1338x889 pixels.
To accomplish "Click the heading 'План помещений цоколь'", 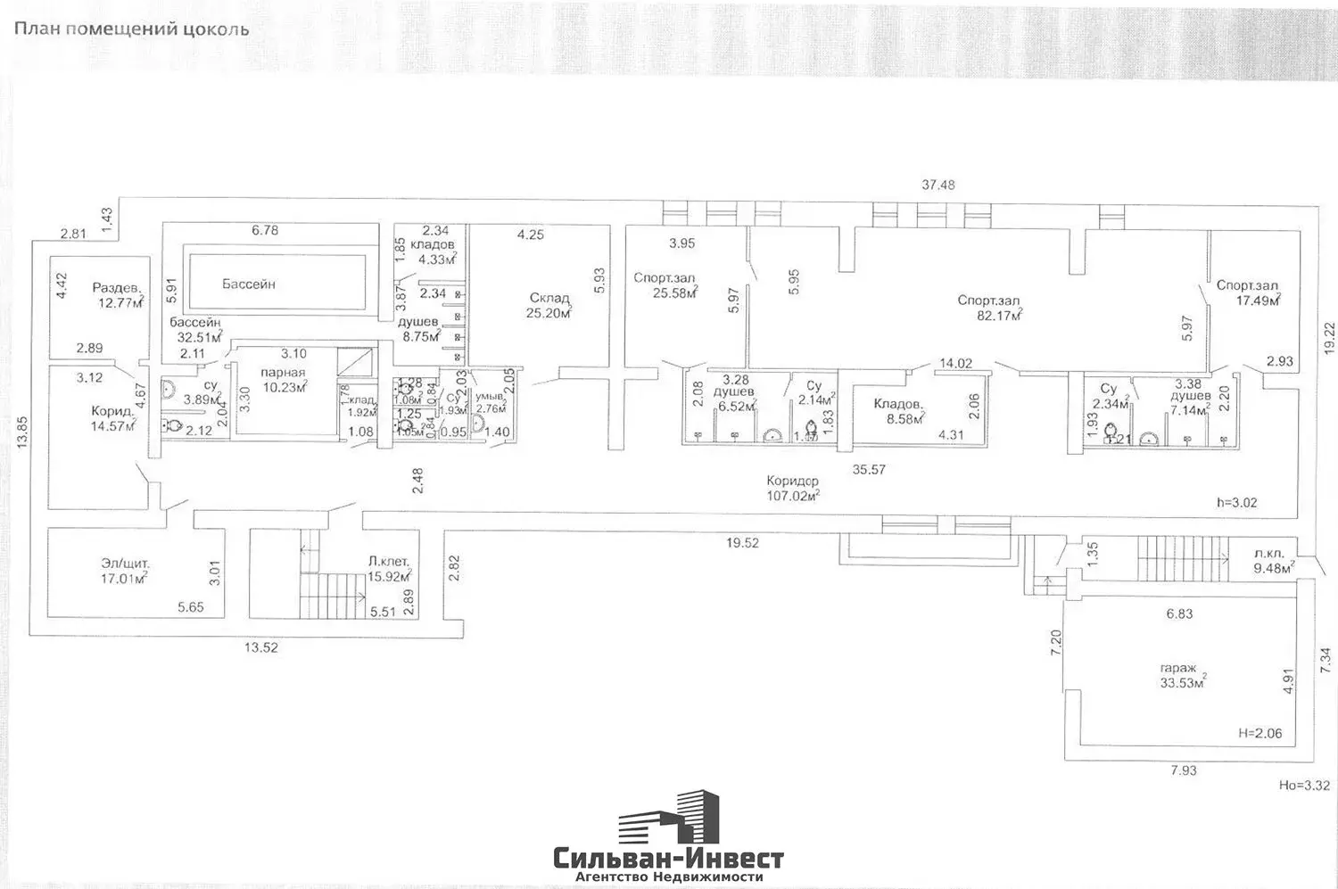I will [x=131, y=29].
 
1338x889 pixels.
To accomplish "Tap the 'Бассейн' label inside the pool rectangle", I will [x=248, y=284].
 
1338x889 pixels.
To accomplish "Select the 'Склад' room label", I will [x=549, y=298].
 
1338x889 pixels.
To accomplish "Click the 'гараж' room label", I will [x=1178, y=668].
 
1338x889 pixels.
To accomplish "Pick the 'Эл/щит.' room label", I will [x=126, y=564].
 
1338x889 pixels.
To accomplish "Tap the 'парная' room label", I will [x=283, y=373].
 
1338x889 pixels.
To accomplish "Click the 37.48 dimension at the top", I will [x=937, y=185].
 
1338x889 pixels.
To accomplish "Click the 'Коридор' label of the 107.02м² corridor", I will [x=792, y=482].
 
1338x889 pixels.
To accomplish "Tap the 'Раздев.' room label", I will [x=117, y=288].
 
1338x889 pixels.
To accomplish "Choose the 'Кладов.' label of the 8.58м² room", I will [x=897, y=404].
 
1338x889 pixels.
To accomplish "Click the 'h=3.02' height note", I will [x=1236, y=503].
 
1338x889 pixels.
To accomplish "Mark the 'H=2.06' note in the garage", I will [x=1260, y=733].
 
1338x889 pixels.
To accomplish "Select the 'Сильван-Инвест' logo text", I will [x=669, y=859].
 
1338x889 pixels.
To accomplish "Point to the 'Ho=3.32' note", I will [x=1304, y=786].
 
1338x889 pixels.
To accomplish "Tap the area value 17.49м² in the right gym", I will [x=1258, y=301].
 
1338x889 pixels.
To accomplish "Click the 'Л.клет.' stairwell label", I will [x=388, y=562].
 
